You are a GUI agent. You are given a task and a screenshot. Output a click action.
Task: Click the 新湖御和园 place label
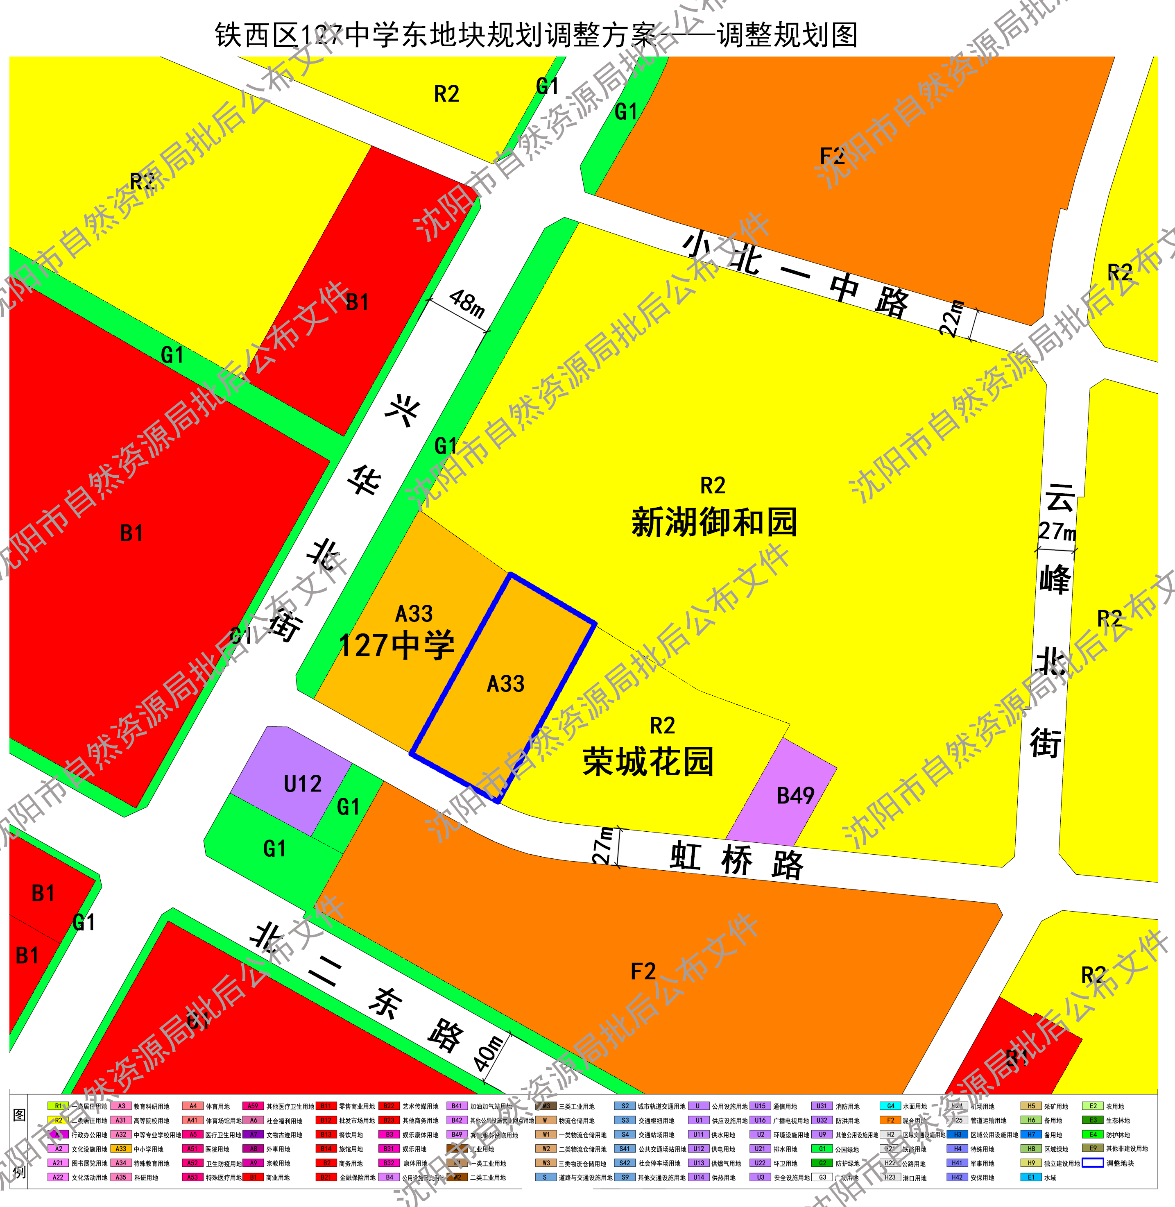pos(714,522)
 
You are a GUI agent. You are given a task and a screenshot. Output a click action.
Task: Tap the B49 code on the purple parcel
pos(795,796)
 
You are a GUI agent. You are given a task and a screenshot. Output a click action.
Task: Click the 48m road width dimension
pos(467,303)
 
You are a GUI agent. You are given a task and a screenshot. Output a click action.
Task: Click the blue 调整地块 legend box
pos(1093,1163)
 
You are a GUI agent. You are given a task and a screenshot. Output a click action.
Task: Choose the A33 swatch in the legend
pos(121,1149)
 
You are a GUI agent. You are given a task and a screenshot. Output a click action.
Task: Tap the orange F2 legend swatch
pos(890,1121)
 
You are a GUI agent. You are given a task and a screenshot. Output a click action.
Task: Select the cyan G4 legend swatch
pos(890,1106)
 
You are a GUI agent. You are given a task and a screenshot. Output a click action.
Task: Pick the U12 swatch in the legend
pos(699,1149)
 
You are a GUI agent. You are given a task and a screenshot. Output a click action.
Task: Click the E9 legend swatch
pos(1093,1149)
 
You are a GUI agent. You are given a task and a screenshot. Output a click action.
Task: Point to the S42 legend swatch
pos(625,1163)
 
